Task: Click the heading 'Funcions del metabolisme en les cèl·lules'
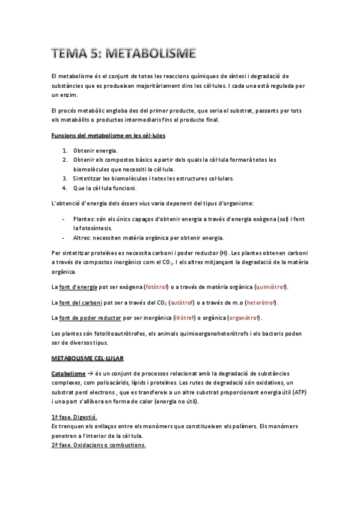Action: tap(108, 136)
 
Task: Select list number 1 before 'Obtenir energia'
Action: tap(64, 150)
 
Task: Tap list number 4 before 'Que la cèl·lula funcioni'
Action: tap(64, 188)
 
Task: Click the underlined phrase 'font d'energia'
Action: tap(77, 286)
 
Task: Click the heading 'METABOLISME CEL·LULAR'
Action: tap(87, 358)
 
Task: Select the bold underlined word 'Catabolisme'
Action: tap(69, 373)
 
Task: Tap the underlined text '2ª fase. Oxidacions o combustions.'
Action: tap(99, 446)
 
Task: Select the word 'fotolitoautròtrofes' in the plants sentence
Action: tap(117, 333)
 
